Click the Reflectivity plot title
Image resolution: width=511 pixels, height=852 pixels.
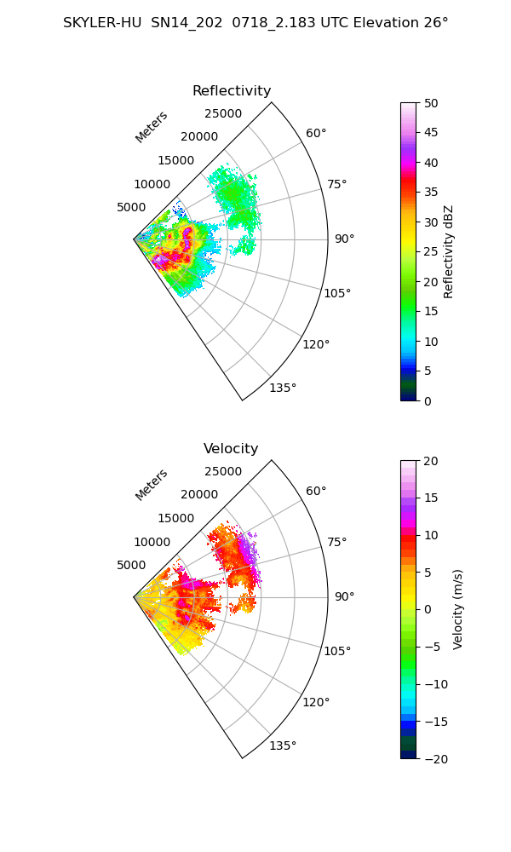pos(232,91)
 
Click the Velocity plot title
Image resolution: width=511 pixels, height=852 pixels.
pos(231,448)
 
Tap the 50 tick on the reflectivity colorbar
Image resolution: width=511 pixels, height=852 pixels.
pos(431,103)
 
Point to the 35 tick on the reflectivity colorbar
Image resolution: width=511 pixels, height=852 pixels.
pos(431,193)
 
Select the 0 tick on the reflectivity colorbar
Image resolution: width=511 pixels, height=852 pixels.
pos(428,401)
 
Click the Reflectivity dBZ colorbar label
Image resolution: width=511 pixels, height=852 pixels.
pos(448,252)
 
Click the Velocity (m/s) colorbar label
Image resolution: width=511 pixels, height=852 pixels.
pos(458,609)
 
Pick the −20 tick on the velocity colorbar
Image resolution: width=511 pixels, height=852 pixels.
pos(437,759)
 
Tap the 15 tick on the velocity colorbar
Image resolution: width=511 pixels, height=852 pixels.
pos(431,498)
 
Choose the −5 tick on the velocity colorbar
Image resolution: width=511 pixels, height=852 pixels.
pos(433,648)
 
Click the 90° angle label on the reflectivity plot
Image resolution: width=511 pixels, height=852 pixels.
pos(344,239)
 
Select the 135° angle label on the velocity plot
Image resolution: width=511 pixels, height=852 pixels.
pos(283,745)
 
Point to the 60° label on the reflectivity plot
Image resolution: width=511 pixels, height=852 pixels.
pos(316,133)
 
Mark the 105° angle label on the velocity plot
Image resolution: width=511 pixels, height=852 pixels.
pos(337,651)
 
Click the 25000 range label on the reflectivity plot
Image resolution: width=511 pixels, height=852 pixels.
pos(223,113)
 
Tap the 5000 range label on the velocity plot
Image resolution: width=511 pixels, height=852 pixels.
pos(131,565)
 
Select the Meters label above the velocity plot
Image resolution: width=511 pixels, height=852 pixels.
pos(152,486)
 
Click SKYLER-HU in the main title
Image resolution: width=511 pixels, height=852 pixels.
pos(102,23)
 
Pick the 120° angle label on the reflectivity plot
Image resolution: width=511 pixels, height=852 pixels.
pos(316,344)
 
